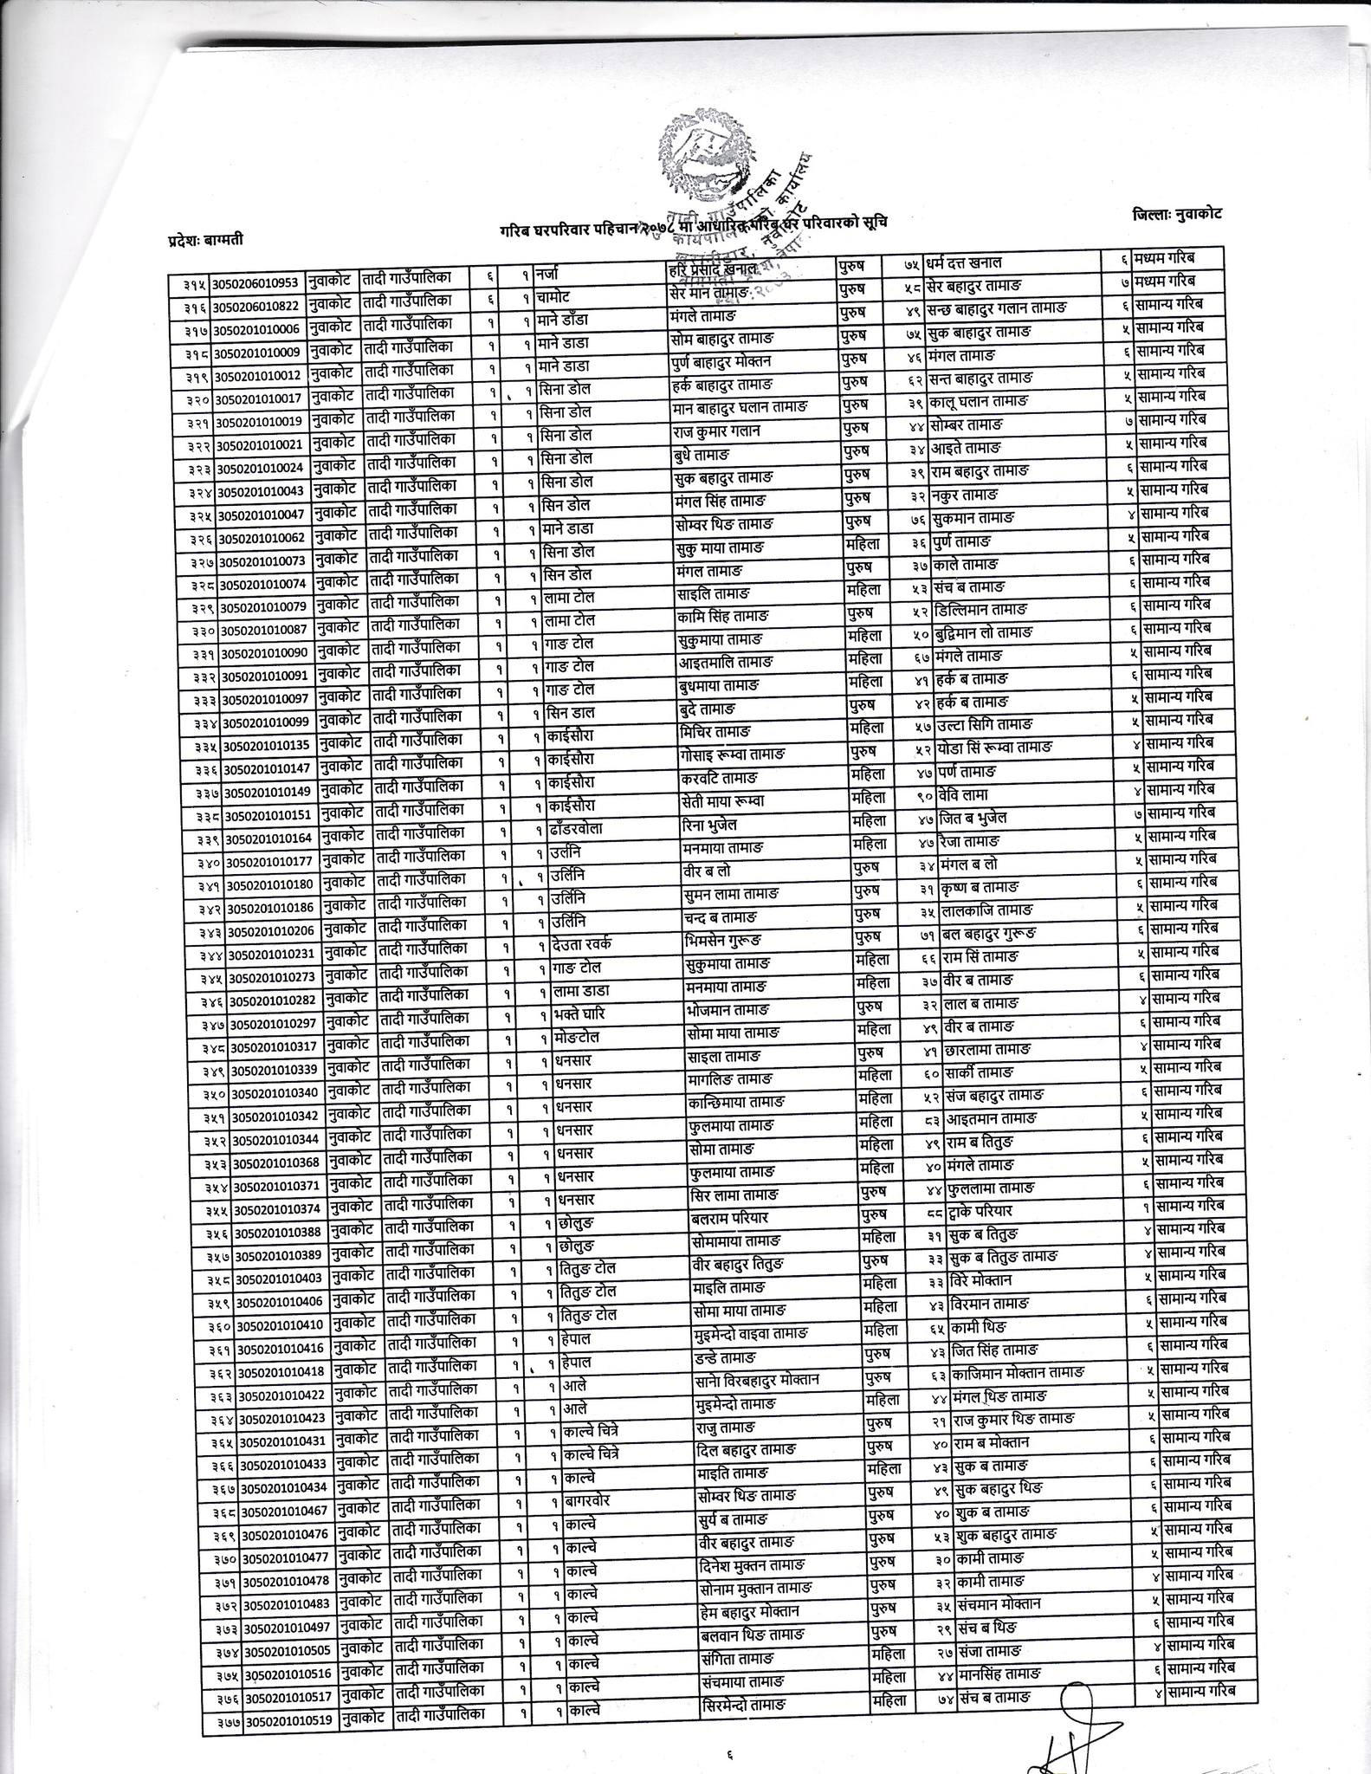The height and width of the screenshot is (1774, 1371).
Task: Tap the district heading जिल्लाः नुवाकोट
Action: pyautogui.click(x=1175, y=214)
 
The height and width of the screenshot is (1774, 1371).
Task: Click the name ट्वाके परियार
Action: pyautogui.click(x=980, y=1212)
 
